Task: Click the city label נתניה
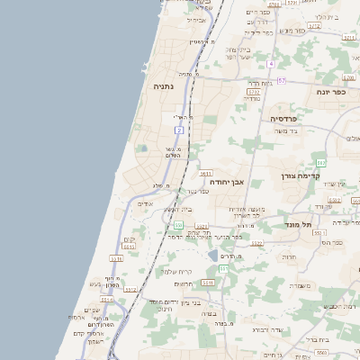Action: point(163,86)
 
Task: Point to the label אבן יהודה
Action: point(227,181)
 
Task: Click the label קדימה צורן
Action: point(301,175)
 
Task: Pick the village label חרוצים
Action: point(184,283)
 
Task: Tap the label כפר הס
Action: point(332,242)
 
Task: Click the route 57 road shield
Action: point(281,81)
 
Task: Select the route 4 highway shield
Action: point(270,64)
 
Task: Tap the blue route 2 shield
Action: point(179,131)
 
